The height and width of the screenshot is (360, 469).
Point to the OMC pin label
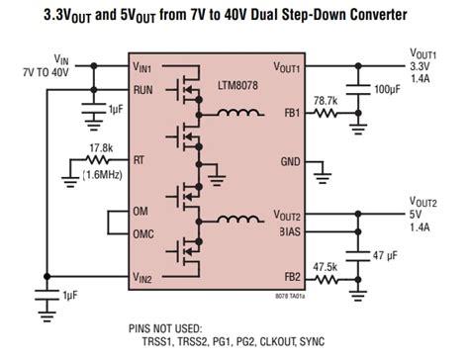(x=144, y=233)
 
